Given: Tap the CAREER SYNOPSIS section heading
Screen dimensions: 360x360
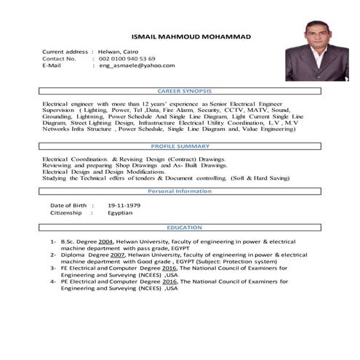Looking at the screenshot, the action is [x=185, y=91].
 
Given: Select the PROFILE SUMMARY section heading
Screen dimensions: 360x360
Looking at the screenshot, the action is [x=185, y=146].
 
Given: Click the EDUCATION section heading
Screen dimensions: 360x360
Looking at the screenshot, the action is [x=185, y=228].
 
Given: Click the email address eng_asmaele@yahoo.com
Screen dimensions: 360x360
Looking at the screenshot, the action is [x=137, y=65].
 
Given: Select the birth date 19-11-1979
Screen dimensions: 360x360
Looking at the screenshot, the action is [x=124, y=206].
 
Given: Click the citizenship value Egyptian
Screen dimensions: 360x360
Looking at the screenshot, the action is [x=120, y=213].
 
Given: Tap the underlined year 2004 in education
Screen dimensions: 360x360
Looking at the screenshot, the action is [x=106, y=241].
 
